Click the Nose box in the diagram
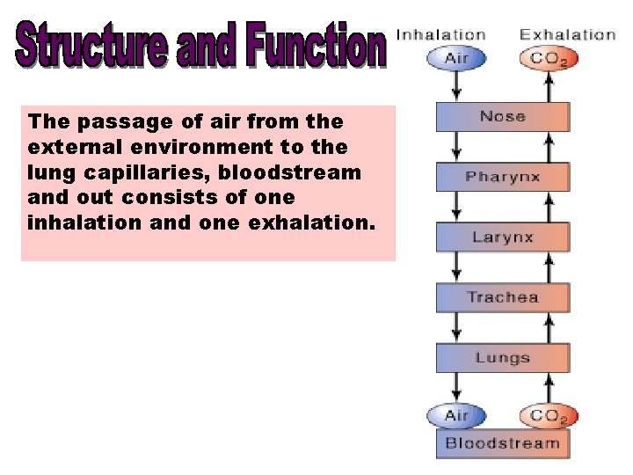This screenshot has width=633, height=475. (503, 117)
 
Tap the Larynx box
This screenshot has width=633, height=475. (503, 237)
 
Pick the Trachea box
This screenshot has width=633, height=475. (503, 297)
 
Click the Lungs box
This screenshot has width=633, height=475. (503, 358)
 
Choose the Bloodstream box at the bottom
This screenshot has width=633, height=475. (503, 442)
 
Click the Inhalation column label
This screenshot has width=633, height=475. (441, 35)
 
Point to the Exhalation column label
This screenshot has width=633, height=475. (567, 35)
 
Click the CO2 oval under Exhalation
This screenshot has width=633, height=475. (549, 60)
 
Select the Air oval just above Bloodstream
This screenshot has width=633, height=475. (456, 415)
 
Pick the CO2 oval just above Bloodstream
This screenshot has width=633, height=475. (549, 416)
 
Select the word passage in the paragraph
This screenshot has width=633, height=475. (105, 121)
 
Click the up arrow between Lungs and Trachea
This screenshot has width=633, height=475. (549, 327)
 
